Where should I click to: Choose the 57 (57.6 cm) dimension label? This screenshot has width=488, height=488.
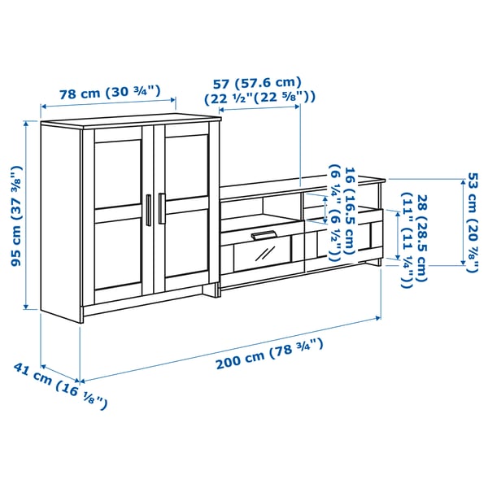pyautogui.click(x=257, y=82)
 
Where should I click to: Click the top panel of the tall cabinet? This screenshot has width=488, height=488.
pyautogui.click(x=130, y=122)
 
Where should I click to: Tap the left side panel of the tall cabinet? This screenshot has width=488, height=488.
pyautogui.click(x=61, y=220)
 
